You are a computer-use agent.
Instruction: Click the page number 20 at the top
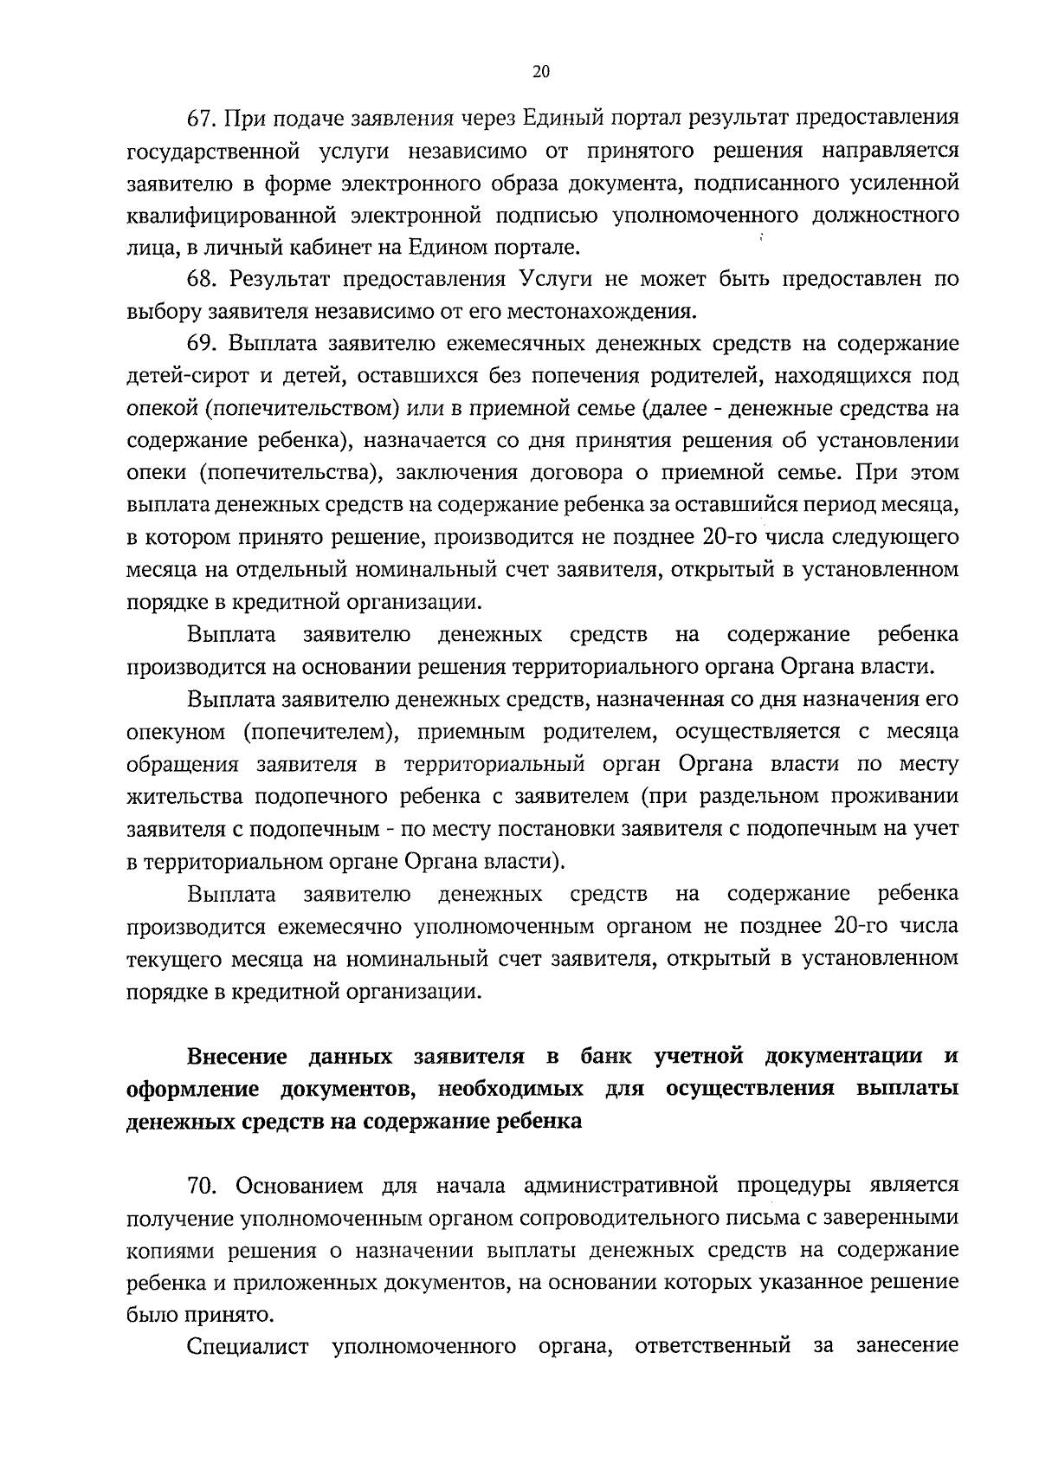[540, 74]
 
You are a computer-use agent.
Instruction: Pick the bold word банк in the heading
[606, 1058]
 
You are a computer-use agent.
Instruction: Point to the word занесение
[907, 1347]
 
